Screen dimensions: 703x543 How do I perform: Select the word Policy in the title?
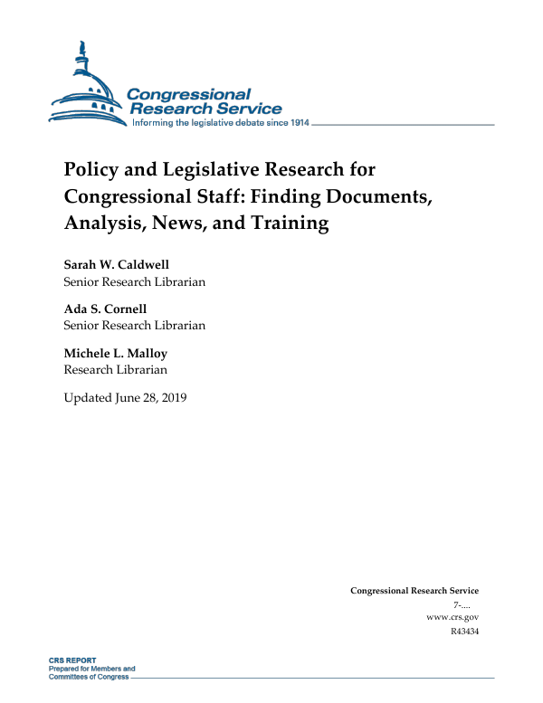click(x=90, y=169)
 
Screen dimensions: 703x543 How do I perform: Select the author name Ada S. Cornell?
click(x=105, y=309)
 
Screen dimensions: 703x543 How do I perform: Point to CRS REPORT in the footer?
click(x=72, y=660)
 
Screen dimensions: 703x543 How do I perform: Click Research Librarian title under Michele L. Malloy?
click(x=115, y=369)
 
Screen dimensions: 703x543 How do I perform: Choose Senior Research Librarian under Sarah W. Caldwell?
click(x=134, y=281)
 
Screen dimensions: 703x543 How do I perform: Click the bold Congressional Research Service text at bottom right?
click(x=414, y=591)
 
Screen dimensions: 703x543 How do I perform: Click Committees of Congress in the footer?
click(x=89, y=677)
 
